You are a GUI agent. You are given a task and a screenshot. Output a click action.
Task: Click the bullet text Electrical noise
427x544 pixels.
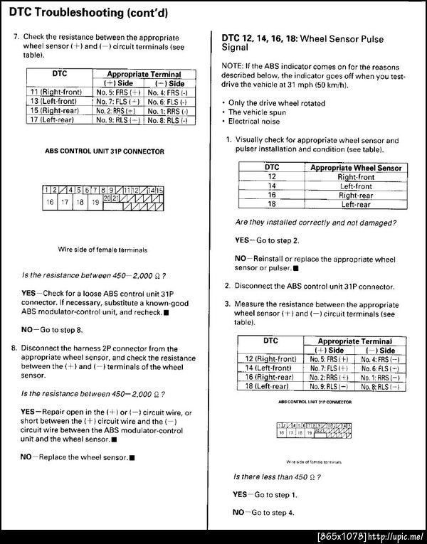pos(260,122)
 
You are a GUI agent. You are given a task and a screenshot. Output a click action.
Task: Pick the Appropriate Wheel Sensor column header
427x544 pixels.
pos(355,168)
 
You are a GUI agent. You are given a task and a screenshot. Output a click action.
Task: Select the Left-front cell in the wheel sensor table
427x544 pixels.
pos(355,186)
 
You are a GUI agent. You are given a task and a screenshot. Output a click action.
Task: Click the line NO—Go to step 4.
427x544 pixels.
pos(263,512)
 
